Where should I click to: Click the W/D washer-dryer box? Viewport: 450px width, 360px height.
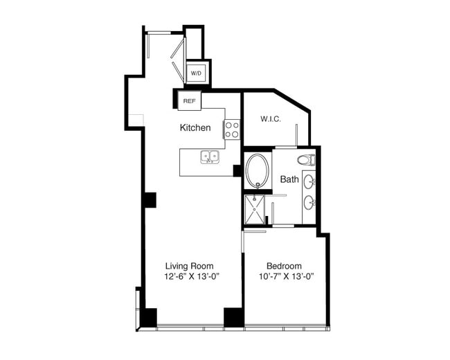click(x=197, y=73)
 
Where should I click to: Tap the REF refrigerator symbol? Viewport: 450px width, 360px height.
click(x=190, y=101)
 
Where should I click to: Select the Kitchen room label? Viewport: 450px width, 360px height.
click(x=195, y=128)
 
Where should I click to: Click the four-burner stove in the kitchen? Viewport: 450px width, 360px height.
click(x=232, y=129)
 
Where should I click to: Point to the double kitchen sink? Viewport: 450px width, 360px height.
click(x=210, y=156)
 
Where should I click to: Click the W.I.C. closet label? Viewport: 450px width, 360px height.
click(x=270, y=119)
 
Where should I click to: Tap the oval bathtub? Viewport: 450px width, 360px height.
click(x=258, y=171)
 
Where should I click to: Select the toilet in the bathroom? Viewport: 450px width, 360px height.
click(x=306, y=160)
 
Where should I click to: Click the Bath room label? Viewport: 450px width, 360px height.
click(x=289, y=179)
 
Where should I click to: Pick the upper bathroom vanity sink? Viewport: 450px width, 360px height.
click(x=309, y=181)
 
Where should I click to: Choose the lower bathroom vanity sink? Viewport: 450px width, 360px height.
click(x=309, y=203)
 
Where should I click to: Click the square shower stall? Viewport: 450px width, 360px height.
click(x=254, y=210)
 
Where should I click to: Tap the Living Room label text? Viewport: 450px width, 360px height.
click(x=190, y=266)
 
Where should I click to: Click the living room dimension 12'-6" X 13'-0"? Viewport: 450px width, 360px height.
click(x=192, y=276)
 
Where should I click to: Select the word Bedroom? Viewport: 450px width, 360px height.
click(x=284, y=266)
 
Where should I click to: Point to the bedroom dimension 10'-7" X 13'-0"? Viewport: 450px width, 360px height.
click(x=286, y=276)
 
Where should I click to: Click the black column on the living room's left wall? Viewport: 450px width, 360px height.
click(x=150, y=200)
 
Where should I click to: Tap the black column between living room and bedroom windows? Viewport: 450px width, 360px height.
click(x=234, y=318)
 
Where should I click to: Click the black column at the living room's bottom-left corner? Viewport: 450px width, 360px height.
click(x=150, y=318)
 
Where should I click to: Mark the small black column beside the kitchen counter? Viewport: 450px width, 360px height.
click(x=237, y=170)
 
